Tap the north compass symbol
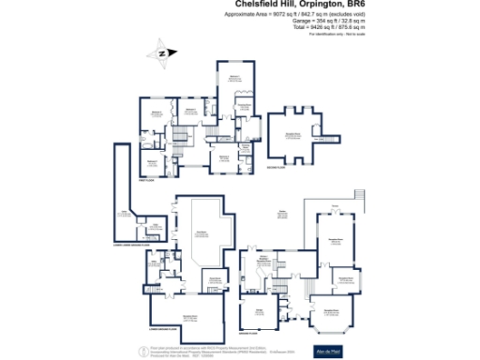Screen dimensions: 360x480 tap(161, 53)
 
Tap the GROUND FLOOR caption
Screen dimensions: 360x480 tap(247, 333)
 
